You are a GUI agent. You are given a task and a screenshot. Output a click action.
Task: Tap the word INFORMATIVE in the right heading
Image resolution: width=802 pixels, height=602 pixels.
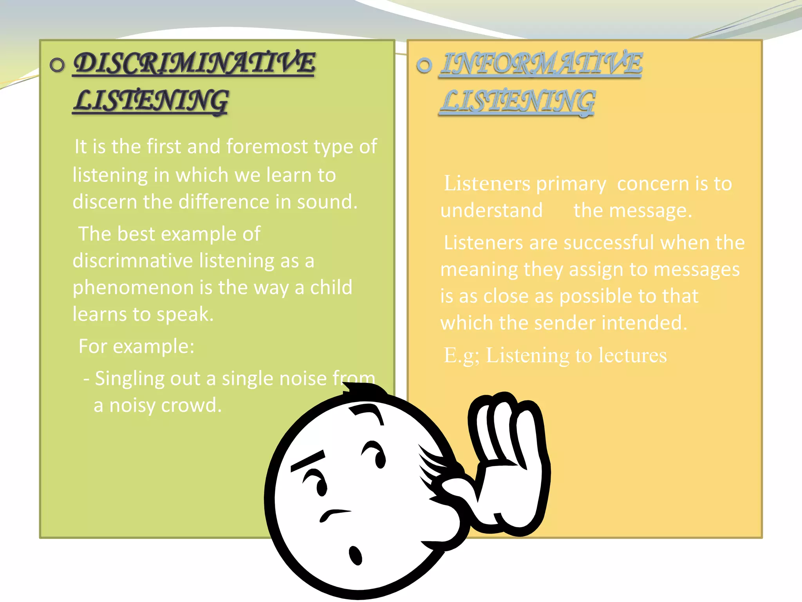tap(541, 63)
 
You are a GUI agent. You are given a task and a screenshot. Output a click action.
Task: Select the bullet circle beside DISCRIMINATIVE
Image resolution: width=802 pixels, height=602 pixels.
tap(57, 65)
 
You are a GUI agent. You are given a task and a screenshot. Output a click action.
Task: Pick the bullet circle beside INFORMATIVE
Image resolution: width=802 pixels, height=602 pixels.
tap(424, 65)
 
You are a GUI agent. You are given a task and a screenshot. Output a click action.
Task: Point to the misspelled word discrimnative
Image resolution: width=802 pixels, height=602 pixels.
tap(133, 261)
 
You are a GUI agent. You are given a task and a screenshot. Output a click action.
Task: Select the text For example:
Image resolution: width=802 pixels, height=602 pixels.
tap(136, 346)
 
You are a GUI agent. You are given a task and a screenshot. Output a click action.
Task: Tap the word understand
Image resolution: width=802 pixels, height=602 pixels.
tap(491, 210)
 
